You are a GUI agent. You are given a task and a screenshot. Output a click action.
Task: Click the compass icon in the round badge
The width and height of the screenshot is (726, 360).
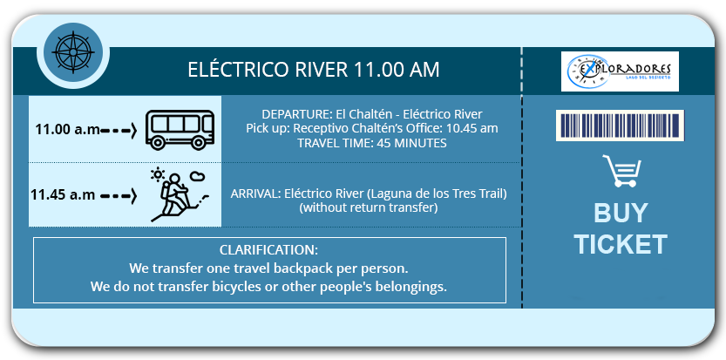[73, 52]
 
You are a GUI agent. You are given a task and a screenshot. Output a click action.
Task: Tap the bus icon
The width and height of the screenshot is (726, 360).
[180, 130]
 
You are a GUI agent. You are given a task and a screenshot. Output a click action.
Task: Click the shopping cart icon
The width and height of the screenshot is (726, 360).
[621, 171]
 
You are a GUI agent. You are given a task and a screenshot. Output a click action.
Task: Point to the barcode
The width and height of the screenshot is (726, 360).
[620, 126]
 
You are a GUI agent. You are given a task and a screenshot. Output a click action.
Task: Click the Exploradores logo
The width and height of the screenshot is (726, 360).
[620, 71]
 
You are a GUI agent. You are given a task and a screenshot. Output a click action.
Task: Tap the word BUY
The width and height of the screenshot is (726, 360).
[621, 214]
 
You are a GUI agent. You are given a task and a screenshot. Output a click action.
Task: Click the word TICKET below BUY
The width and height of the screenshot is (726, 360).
[621, 244]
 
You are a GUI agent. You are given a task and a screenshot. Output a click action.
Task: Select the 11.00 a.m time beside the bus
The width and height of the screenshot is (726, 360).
[68, 130]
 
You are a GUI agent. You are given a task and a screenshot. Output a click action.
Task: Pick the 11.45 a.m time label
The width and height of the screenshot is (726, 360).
[63, 194]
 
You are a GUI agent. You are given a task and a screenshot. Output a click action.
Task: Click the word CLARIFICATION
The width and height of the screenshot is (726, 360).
[268, 250]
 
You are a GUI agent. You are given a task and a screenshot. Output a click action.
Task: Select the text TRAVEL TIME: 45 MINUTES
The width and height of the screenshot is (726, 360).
[372, 143]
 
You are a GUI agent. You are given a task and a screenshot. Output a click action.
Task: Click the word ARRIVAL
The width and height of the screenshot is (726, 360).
[255, 194]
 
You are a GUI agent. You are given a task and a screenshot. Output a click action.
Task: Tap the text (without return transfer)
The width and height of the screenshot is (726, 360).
[369, 208]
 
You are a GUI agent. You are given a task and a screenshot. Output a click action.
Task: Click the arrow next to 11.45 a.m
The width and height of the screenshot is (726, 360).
[119, 196]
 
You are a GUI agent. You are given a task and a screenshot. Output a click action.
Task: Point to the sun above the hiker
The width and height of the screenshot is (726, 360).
[158, 174]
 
